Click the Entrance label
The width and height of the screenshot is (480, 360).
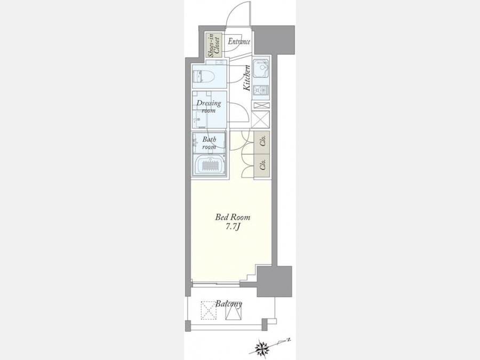click(x=239, y=41)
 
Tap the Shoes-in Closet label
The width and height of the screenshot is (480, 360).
click(x=214, y=45)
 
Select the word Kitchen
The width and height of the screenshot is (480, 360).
click(x=247, y=78)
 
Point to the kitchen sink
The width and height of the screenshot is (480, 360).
click(x=261, y=69)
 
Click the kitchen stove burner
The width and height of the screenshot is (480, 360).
click(x=261, y=90)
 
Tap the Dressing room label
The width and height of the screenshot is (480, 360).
click(x=209, y=107)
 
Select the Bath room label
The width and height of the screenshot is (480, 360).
click(x=209, y=143)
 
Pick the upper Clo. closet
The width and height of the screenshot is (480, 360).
click(x=262, y=142)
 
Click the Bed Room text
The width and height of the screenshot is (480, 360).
click(x=233, y=218)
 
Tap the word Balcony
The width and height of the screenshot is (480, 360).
click(x=228, y=304)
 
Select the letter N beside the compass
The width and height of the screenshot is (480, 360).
click(x=288, y=340)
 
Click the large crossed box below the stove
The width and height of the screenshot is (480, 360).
click(x=260, y=119)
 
